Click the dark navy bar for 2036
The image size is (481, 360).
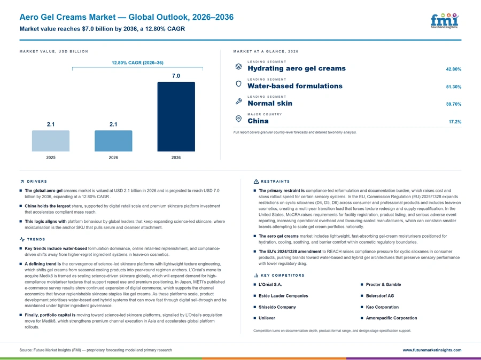point(176,116)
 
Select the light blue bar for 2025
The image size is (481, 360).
point(51,141)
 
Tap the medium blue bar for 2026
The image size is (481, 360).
point(113,141)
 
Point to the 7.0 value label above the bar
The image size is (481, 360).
point(176,76)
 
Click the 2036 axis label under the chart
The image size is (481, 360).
point(176,158)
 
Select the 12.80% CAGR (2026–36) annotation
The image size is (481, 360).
point(137,62)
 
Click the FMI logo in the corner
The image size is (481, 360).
point(445,20)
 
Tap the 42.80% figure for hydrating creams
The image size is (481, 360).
point(453,69)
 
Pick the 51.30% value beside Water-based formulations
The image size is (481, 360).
point(453,87)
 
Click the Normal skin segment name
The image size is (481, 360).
point(270,103)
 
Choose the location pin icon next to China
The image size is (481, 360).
point(238,119)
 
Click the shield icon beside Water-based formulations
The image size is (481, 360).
point(238,84)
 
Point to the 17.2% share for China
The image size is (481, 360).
point(455,122)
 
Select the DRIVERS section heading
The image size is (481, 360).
point(37,181)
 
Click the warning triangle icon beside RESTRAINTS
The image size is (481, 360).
point(256,181)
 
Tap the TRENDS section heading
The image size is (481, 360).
point(36,239)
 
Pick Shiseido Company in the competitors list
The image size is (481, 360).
point(277,307)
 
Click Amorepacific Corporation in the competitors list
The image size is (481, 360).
point(391,318)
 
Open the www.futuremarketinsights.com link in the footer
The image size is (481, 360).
point(432,350)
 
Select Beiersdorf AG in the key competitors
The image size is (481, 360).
point(380,295)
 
